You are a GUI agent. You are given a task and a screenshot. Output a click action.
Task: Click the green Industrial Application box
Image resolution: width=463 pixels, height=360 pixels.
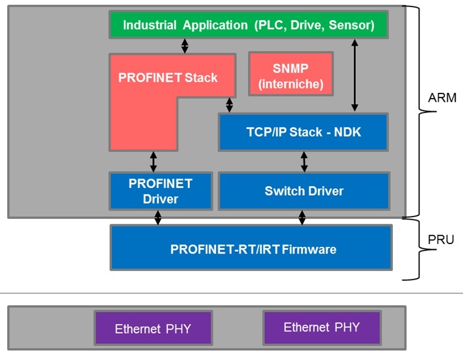point(248,25)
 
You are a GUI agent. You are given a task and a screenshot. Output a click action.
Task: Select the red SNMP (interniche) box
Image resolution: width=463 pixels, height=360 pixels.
point(290,74)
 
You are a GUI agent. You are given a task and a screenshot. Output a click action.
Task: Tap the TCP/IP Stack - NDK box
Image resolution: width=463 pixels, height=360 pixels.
point(304,132)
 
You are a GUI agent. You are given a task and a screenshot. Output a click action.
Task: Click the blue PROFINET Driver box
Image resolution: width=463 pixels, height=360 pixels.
point(161,191)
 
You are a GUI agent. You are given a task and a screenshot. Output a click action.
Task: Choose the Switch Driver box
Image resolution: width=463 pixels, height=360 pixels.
point(304,191)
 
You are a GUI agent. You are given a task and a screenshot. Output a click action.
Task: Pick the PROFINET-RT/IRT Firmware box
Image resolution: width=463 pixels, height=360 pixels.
point(251,248)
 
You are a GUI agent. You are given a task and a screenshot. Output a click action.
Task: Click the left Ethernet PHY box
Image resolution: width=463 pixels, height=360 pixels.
point(153,328)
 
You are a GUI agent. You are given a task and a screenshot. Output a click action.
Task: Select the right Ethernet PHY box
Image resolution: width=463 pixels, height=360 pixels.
point(321,327)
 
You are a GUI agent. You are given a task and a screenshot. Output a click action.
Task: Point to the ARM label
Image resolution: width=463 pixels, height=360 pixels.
point(442,98)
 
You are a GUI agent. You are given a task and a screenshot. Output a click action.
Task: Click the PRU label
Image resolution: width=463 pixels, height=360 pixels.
point(441,240)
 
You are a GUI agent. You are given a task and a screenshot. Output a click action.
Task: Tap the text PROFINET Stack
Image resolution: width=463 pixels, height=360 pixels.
point(168,77)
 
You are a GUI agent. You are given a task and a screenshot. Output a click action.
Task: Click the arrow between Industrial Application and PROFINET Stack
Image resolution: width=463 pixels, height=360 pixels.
point(185,46)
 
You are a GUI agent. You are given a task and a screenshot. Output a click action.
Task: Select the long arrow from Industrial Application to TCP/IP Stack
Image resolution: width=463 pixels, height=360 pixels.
point(355,75)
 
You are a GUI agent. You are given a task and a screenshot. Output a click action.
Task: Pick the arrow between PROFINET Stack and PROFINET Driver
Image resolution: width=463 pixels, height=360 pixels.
point(154,161)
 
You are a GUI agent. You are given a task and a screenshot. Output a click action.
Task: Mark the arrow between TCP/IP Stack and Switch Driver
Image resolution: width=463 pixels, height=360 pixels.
point(305,161)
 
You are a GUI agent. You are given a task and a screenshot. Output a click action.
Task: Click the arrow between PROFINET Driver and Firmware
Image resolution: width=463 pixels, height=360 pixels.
point(158,217)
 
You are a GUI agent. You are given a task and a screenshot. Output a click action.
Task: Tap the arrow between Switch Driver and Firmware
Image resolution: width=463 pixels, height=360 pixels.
point(302,217)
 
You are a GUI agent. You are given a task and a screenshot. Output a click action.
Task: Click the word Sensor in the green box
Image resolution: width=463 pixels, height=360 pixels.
point(351,25)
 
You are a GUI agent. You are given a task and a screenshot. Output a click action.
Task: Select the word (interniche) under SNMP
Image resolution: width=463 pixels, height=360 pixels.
point(290,84)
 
